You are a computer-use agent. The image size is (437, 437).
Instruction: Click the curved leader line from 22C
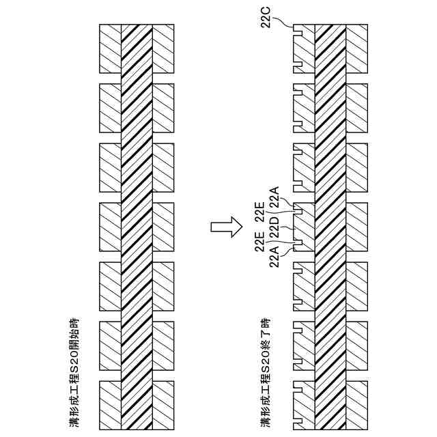[x=285, y=23]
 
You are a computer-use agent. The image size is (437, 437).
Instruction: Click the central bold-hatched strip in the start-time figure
[x=136, y=225]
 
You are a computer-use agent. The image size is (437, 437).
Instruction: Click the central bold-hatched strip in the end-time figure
[x=330, y=225]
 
